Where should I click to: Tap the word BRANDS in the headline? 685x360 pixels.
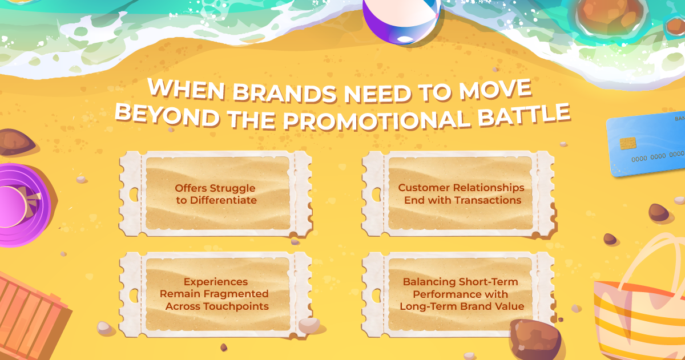tap(285, 93)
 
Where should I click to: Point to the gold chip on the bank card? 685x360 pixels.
tap(628, 143)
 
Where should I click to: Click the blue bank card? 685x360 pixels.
tap(646, 144)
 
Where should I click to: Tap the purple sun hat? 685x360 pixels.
tap(23, 205)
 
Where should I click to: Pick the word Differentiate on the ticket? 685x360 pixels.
tap(223, 200)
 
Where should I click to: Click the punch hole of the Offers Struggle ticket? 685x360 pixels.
tap(134, 195)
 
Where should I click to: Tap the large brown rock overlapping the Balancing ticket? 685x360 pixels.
tap(535, 339)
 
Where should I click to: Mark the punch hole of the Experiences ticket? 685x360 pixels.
tap(134, 296)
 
